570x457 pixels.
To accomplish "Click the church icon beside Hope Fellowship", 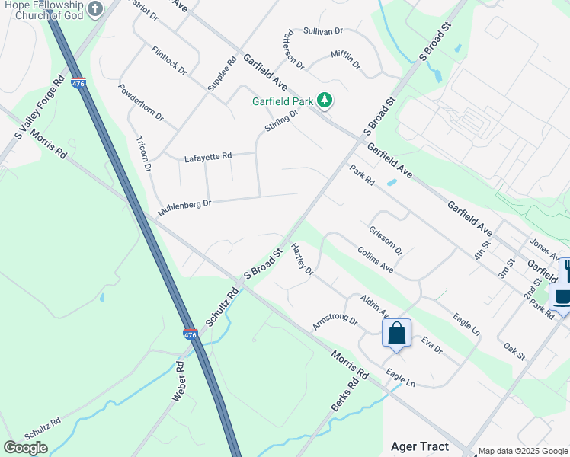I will (x=94, y=9).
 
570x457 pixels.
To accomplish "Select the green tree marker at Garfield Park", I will (x=325, y=100).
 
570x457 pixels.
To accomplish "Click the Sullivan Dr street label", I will (x=323, y=31).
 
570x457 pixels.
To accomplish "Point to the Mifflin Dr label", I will (x=345, y=60).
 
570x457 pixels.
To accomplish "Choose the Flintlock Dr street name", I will (x=168, y=60).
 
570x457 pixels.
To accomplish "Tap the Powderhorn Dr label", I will (x=140, y=102).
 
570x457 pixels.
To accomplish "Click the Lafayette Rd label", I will (x=207, y=158).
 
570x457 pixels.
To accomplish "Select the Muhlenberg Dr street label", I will (x=184, y=206).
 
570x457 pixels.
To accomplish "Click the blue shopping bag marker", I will (x=396, y=333).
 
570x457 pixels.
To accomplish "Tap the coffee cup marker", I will (x=562, y=297).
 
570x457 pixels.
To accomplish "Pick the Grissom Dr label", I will (x=385, y=240).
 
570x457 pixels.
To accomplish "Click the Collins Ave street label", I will (x=375, y=260).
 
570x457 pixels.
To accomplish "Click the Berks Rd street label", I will (x=344, y=396).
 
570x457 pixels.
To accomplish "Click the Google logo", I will (x=25, y=448).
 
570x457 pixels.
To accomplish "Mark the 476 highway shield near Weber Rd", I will (x=191, y=334).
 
